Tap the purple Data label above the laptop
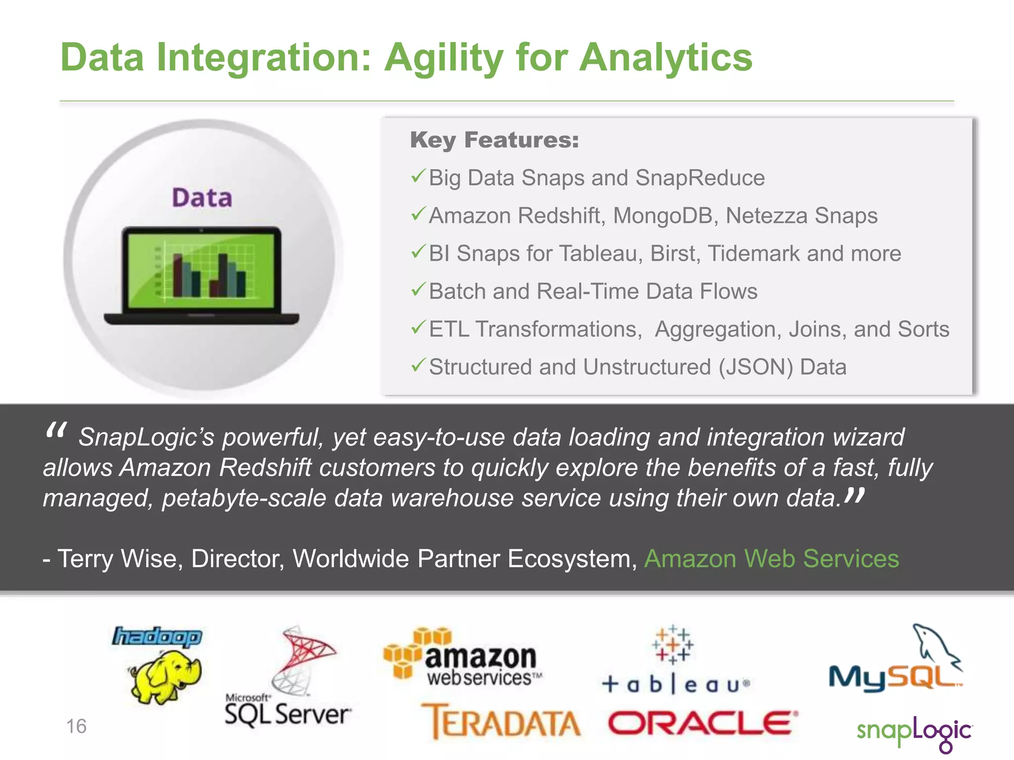coord(202,198)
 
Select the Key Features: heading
coord(494,140)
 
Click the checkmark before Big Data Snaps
coord(418,176)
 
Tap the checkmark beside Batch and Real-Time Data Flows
coord(418,289)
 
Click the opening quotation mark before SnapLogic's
coord(55,431)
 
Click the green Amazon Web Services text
coord(771,559)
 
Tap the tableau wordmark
coord(676,685)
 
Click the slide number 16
coord(76,726)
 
